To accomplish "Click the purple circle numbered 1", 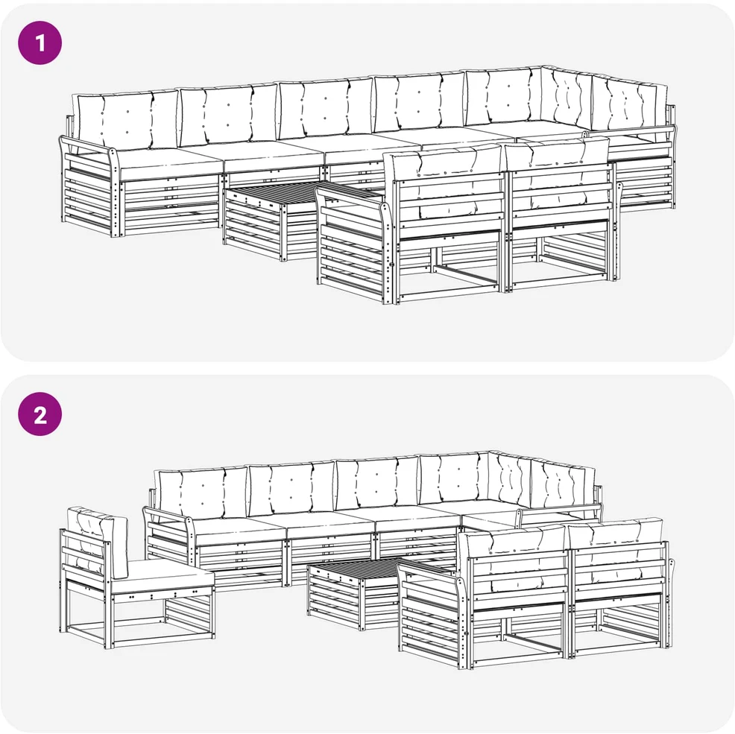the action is pos(40,42).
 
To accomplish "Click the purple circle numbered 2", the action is pos(40,414).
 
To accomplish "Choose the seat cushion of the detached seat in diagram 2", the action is pos(162,577).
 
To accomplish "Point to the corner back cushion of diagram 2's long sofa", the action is pos(511,481).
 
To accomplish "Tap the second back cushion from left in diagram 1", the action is pos(229,114).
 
